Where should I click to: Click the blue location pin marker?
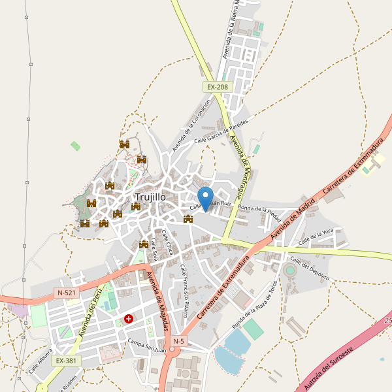pyautogui.click(x=206, y=198)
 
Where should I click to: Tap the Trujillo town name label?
pyautogui.click(x=150, y=197)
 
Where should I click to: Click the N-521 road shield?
pyautogui.click(x=67, y=293)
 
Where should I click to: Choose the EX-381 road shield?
pyautogui.click(x=66, y=361)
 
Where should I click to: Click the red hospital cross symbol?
pyautogui.click(x=129, y=319)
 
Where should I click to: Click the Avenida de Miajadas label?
pyautogui.click(x=158, y=301)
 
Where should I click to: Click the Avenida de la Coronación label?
pyautogui.click(x=192, y=125)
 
